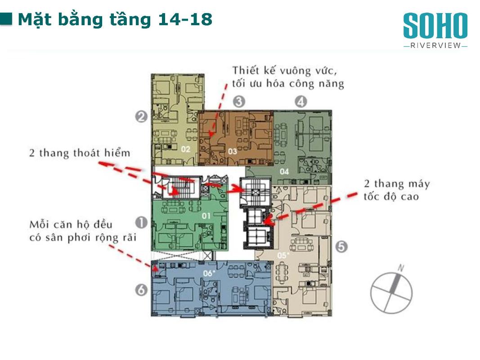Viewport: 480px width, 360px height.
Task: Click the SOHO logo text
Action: coord(435,26)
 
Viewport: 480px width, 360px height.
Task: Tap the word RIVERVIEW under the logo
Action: coord(435,45)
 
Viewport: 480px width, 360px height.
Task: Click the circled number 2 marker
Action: coord(141,117)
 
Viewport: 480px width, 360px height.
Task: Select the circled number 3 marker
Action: coord(239,101)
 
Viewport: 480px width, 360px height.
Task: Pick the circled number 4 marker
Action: coord(301,101)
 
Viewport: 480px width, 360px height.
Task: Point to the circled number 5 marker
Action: coord(341,247)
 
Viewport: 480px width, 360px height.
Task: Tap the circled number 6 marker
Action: coord(141,290)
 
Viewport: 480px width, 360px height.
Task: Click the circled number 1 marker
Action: coord(141,223)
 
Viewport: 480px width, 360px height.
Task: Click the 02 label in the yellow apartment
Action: coord(185,149)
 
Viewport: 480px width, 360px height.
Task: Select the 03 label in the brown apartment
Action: coord(232,151)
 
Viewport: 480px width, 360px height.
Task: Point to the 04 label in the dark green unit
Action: coord(284,171)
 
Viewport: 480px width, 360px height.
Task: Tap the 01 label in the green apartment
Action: coord(206,216)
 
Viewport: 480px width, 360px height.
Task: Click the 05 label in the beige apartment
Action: coord(283,255)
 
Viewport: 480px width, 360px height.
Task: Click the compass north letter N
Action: coord(401,268)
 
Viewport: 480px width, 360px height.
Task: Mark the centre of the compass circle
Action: coord(391,293)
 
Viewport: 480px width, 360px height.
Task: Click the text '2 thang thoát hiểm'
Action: coord(80,153)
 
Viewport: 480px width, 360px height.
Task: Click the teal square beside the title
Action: coord(6,18)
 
